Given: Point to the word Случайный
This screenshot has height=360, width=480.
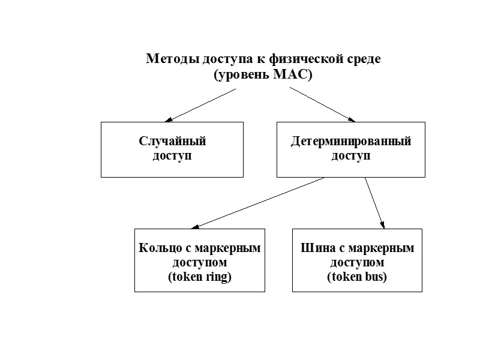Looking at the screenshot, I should click(172, 142).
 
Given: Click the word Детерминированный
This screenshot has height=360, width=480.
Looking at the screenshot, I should click(351, 142).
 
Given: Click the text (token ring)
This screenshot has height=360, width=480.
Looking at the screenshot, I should click(199, 277).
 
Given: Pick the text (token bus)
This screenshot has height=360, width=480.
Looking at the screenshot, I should click(357, 277).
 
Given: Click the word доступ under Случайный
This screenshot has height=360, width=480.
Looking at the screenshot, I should click(172, 156).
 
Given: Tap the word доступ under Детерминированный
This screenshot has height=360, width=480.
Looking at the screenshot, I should click(351, 156).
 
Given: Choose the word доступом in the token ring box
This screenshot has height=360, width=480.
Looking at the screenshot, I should click(199, 263).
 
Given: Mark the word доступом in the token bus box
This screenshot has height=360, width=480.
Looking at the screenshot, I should click(357, 263).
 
